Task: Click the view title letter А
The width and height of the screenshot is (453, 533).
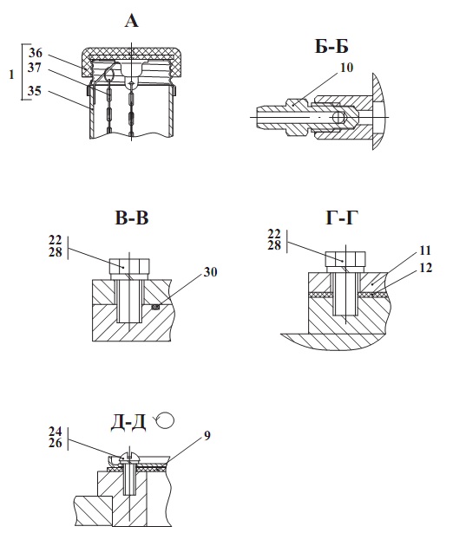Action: pos(132,21)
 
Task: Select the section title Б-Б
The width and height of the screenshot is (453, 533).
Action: pos(332,46)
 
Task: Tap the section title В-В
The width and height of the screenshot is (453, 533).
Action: pos(132,218)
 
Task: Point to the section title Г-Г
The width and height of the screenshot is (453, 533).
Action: pos(342,218)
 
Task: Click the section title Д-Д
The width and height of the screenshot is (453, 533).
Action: pos(128,423)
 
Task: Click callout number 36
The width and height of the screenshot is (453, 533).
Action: pos(36,53)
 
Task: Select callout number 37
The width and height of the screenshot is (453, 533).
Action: pos(35,68)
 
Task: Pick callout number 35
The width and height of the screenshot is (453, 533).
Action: pos(35,91)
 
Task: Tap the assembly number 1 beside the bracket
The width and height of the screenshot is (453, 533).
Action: pos(12,75)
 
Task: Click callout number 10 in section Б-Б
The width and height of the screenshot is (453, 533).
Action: pos(346,68)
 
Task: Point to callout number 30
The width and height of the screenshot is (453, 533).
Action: pos(210,272)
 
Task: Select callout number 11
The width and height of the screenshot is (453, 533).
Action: pos(425,250)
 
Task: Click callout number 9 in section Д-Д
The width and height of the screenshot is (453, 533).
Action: pos(207,435)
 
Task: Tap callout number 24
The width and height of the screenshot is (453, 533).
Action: pos(56,432)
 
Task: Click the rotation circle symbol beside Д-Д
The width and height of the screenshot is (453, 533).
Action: pos(166,421)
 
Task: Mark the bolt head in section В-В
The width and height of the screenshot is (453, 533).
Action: pos(129,266)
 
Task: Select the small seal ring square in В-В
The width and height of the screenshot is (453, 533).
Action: pos(155,307)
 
